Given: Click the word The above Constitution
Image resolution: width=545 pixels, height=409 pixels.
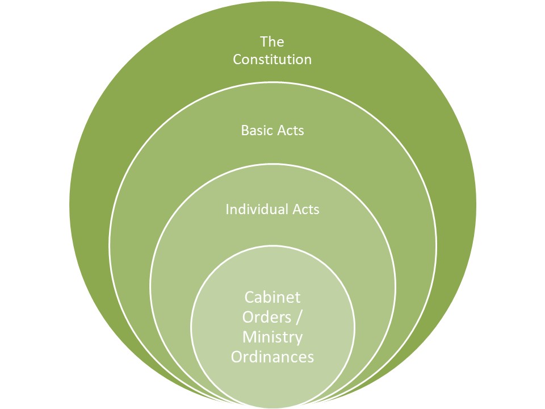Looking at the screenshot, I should (x=272, y=42).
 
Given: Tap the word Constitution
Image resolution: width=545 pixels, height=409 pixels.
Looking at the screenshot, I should (x=272, y=59).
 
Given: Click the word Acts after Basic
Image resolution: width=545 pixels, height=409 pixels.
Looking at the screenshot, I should (x=290, y=130).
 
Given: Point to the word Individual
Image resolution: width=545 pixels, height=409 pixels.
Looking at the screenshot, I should (x=253, y=209).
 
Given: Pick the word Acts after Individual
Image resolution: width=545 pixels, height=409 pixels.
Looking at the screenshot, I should (x=306, y=209).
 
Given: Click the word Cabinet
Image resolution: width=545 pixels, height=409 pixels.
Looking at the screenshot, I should (x=272, y=297).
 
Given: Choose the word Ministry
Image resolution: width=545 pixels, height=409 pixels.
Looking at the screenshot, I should (x=272, y=337).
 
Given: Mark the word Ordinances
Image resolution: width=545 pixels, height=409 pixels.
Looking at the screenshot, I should (x=272, y=357).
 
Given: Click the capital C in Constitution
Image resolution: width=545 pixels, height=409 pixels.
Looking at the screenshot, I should (x=238, y=59).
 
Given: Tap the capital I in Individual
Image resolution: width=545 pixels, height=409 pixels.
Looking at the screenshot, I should (x=228, y=209).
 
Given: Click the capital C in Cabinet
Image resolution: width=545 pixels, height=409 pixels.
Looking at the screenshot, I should (x=250, y=297).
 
